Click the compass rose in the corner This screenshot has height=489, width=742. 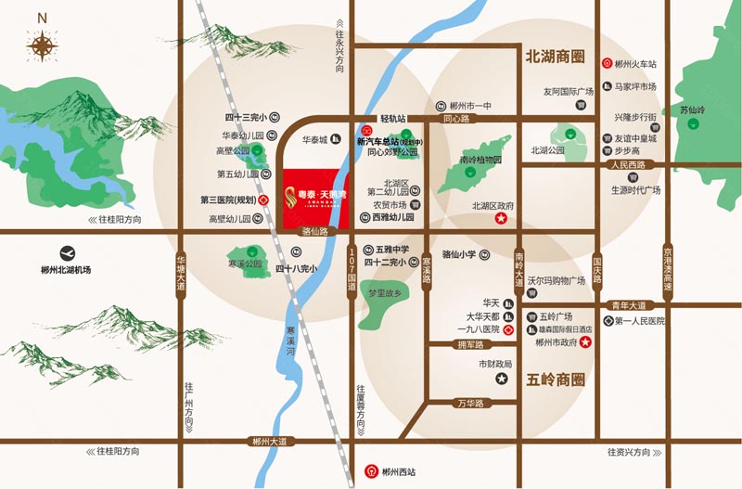[x=42, y=43]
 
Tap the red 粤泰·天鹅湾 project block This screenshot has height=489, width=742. [x=315, y=197]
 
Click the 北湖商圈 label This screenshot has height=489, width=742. [x=556, y=57]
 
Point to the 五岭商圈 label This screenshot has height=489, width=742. [x=556, y=379]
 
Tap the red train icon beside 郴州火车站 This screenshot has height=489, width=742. [x=607, y=64]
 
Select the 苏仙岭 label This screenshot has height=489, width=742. [x=692, y=109]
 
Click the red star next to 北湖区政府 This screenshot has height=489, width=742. [x=502, y=219]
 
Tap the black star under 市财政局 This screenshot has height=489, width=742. [x=502, y=379]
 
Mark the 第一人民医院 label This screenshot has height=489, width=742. [x=640, y=321]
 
